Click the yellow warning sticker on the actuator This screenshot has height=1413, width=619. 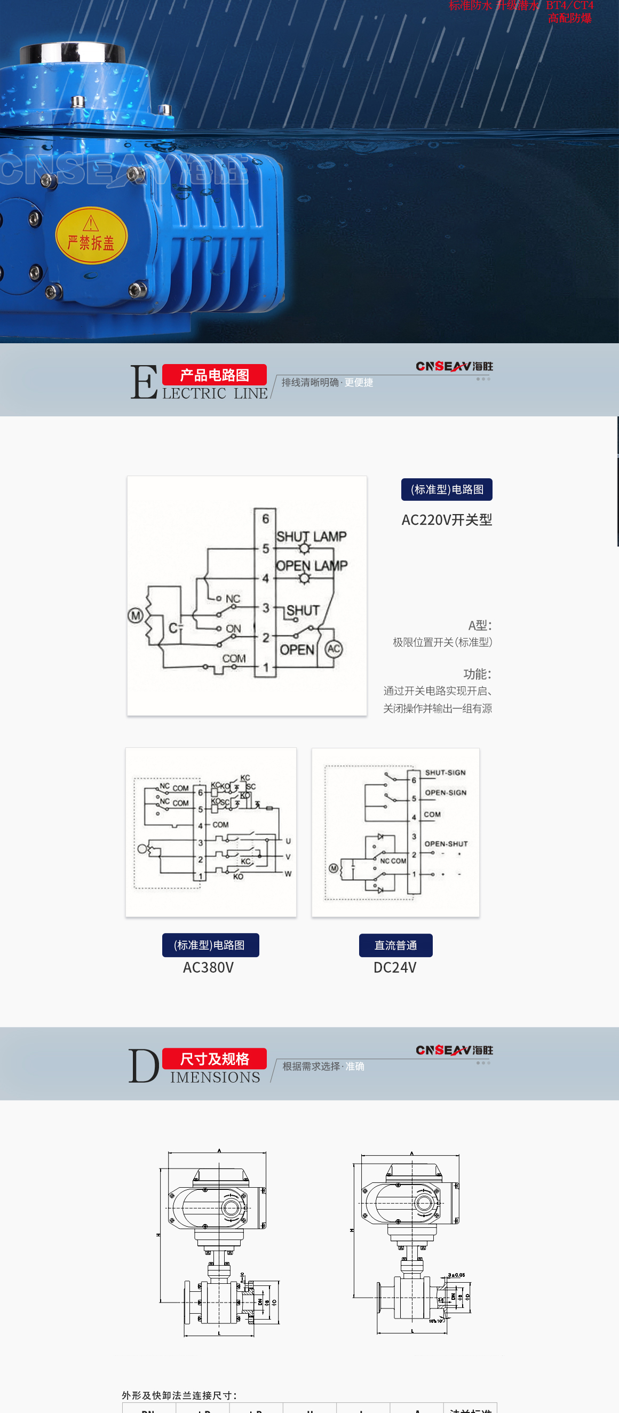coord(91,235)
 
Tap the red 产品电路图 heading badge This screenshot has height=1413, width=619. coord(215,375)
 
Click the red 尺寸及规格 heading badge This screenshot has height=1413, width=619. coord(215,1059)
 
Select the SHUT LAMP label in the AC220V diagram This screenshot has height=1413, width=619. coord(312,536)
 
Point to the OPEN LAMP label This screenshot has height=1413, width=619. coord(312,565)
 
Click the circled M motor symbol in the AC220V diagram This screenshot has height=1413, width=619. coord(136,615)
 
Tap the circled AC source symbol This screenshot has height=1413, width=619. coord(334,649)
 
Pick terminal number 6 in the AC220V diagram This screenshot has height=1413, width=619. coord(265,518)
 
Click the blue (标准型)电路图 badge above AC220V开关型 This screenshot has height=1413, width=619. coord(446,490)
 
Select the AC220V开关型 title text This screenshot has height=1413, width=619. coord(446,519)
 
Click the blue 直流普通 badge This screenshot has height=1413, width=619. coord(395,945)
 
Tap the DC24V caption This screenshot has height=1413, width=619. coord(395,968)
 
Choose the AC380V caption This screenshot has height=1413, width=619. coord(208,968)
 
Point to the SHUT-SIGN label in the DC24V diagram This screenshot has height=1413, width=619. coord(445,772)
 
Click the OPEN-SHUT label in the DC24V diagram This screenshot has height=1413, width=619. coord(446,843)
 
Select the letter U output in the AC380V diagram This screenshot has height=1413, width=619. coord(288,841)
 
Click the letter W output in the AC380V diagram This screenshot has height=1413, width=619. coord(288,874)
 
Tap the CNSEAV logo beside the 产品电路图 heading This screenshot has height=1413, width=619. coord(454,366)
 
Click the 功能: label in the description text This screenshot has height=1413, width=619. coord(477,674)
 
